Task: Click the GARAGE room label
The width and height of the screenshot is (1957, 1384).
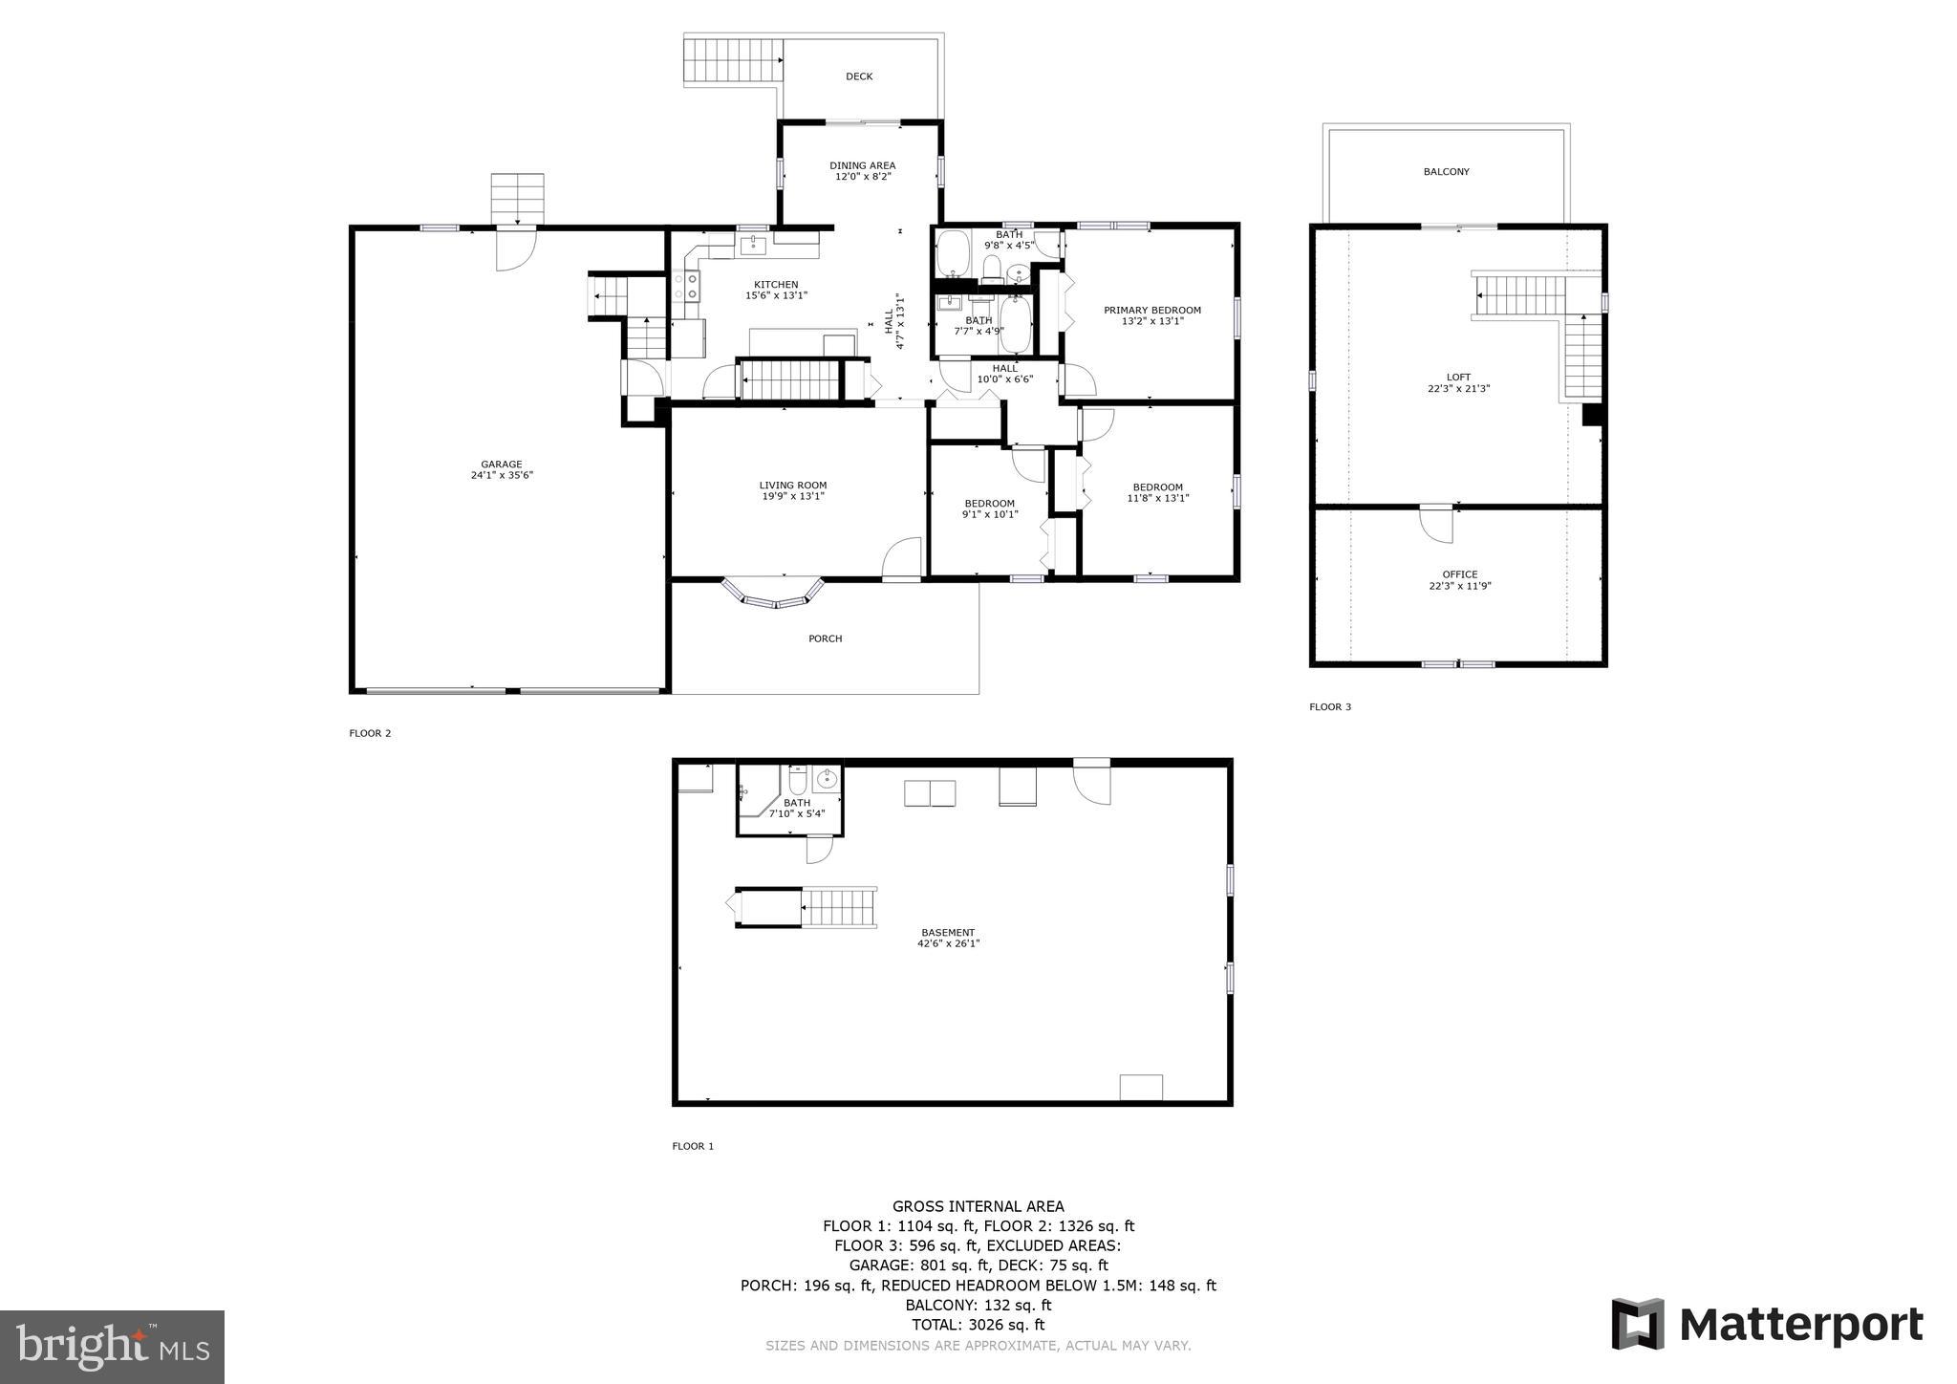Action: tap(501, 465)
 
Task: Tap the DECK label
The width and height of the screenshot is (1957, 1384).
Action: tap(858, 76)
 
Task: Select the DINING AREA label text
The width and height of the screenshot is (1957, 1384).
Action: tap(862, 165)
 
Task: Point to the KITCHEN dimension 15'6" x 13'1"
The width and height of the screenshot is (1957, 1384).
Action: tap(776, 296)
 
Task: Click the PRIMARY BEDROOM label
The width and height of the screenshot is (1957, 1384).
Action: tap(1151, 310)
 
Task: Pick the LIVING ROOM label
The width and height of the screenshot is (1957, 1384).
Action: tap(792, 486)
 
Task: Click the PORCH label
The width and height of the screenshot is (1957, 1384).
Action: tap(825, 638)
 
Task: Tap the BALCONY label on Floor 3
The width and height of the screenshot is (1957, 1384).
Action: tap(1446, 172)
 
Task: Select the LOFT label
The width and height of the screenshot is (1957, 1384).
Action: tap(1458, 378)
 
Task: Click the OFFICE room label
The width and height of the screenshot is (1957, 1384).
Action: tap(1459, 574)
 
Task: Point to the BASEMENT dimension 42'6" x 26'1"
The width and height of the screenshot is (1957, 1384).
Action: tap(948, 944)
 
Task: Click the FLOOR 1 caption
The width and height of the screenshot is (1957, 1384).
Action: tap(693, 1146)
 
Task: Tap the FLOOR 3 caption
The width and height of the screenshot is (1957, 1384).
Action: tap(1330, 707)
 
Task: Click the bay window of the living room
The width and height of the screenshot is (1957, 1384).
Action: tap(774, 595)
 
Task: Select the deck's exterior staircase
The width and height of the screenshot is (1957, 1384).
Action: tap(733, 60)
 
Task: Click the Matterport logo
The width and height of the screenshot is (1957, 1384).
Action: tap(1767, 1325)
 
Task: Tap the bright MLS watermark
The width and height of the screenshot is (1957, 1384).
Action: tap(112, 1347)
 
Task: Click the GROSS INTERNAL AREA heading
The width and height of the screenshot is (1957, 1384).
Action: tap(978, 1207)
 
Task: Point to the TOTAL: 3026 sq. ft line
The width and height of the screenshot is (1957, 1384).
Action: tap(978, 1325)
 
